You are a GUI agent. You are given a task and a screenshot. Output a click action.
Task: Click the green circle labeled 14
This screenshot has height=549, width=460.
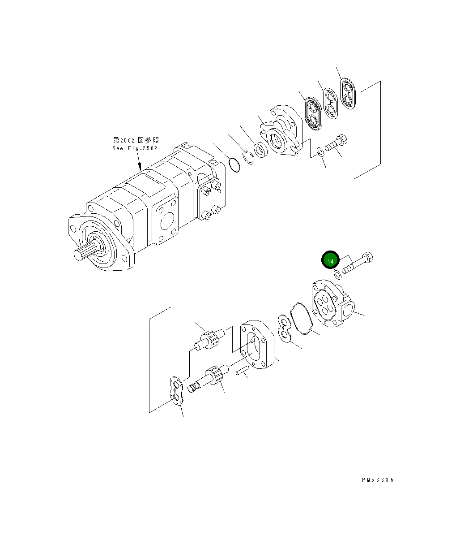[330, 260]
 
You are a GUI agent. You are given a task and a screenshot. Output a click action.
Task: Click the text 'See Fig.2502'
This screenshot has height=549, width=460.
[135, 148]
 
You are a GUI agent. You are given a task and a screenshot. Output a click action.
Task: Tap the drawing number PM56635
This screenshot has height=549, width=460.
[378, 480]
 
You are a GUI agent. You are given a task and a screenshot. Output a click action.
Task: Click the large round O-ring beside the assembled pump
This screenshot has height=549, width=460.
[234, 164]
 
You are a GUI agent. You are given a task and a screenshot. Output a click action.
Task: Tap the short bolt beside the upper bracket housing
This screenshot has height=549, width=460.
[336, 143]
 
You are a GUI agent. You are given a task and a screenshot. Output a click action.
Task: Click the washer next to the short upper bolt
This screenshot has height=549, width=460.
[321, 152]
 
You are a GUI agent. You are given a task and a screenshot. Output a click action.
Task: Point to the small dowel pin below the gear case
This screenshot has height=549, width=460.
[242, 370]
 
